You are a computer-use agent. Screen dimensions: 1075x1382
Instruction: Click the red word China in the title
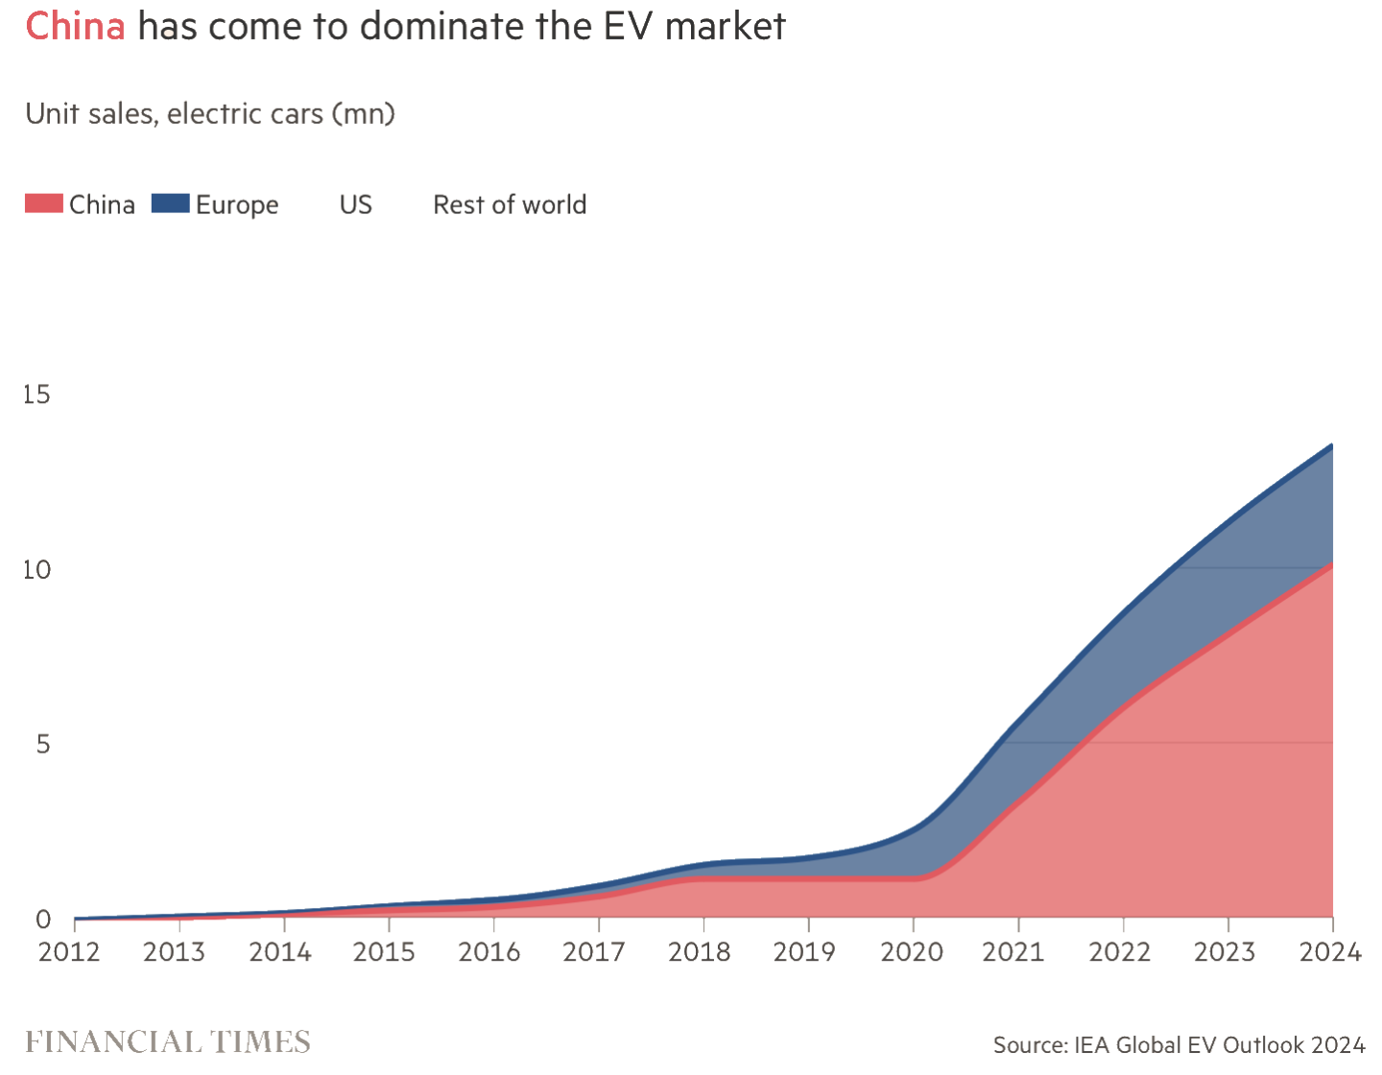pos(75,26)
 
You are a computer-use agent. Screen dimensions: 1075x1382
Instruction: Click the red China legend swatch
pos(43,203)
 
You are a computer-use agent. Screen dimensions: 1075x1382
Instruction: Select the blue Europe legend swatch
pos(170,203)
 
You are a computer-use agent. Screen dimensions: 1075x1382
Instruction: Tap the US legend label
pos(355,204)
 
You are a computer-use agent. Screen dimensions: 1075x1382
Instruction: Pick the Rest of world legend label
pos(509,204)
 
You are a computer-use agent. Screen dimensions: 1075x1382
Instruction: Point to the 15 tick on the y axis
pos(36,394)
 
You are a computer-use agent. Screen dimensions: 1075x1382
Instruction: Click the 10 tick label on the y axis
pos(36,569)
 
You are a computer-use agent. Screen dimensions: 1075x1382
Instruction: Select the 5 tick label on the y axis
pos(42,744)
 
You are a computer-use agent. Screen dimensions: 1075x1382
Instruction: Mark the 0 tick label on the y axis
pos(42,920)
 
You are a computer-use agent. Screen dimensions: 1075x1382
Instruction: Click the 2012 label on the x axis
pos(69,952)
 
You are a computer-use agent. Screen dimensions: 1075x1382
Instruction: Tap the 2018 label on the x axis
pos(700,952)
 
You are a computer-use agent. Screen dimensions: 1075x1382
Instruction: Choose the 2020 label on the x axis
pos(912,952)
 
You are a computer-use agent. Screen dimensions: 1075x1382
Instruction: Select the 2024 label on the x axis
pos(1330,952)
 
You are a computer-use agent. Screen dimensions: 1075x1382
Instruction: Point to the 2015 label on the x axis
pos(384,952)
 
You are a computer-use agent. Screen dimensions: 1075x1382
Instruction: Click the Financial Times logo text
pos(168,1042)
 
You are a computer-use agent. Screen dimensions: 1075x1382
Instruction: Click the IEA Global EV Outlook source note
pos(1179,1045)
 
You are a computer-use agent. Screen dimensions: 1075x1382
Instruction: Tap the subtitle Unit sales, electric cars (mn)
pos(210,113)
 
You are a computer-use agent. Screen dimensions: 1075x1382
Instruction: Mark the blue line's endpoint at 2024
pos(1331,445)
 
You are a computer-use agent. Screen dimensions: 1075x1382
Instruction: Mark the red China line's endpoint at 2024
pos(1331,564)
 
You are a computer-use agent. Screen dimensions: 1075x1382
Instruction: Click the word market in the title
pos(725,26)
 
